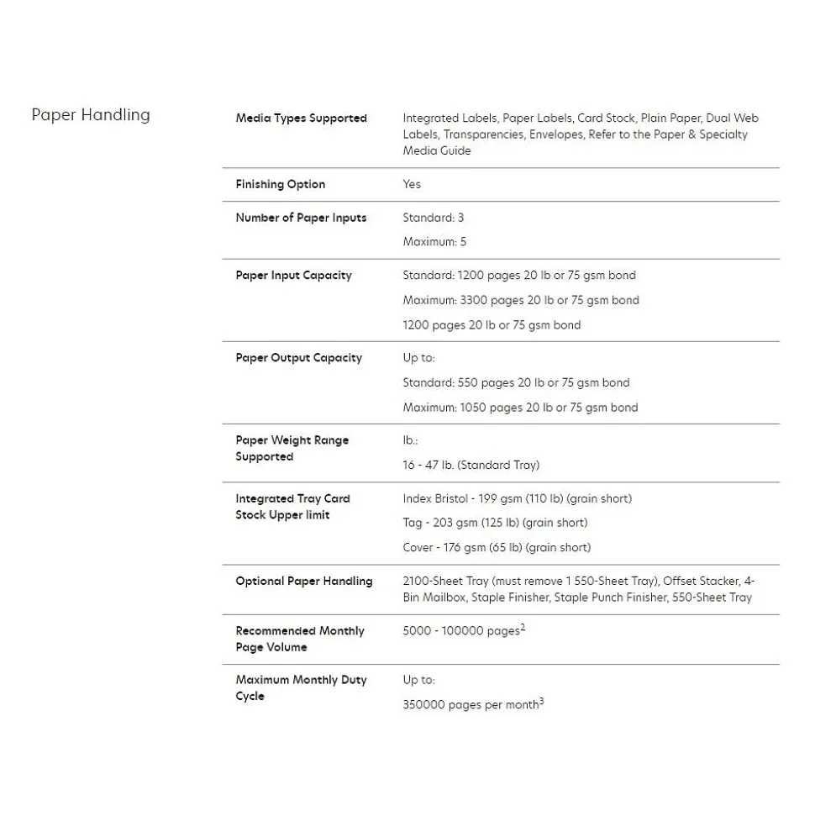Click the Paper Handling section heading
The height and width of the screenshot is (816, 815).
coord(91,115)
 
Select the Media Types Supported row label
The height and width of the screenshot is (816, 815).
coord(301,118)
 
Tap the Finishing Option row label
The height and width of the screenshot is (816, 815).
coord(280,185)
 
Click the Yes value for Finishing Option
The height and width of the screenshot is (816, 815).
coord(412,185)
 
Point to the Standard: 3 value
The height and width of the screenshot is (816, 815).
coord(433,218)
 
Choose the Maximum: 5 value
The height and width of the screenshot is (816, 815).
coord(434,242)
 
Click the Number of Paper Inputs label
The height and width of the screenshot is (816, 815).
coord(301,218)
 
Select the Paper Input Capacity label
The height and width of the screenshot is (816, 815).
coord(293,276)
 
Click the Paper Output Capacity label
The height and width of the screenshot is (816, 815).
coord(298,358)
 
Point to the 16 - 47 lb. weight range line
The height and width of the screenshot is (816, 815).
coord(471,465)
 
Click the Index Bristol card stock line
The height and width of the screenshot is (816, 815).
coord(517,498)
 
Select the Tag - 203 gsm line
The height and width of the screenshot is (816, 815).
coord(495,523)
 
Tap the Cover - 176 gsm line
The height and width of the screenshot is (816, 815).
coord(497,548)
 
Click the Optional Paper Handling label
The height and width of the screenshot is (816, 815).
coord(303,582)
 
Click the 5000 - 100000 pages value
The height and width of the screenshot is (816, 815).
coord(460,631)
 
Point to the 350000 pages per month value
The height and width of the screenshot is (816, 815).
coord(471,706)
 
